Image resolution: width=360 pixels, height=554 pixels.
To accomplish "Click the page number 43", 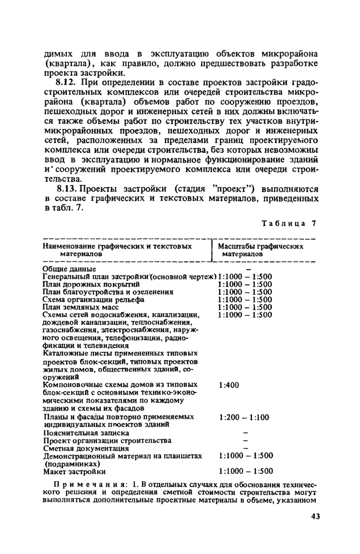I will [x=315, y=516].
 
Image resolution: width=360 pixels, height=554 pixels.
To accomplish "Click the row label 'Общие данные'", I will [x=69, y=269].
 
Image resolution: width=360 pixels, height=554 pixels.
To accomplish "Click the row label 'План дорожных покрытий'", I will [x=91, y=284].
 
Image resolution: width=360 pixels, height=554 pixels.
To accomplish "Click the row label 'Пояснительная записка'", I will [x=85, y=433].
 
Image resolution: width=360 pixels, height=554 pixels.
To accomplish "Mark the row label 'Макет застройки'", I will [x=75, y=471].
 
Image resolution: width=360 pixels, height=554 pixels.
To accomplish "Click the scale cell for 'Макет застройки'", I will [x=245, y=471].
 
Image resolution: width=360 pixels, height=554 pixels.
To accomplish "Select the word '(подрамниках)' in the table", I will [x=70, y=463].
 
